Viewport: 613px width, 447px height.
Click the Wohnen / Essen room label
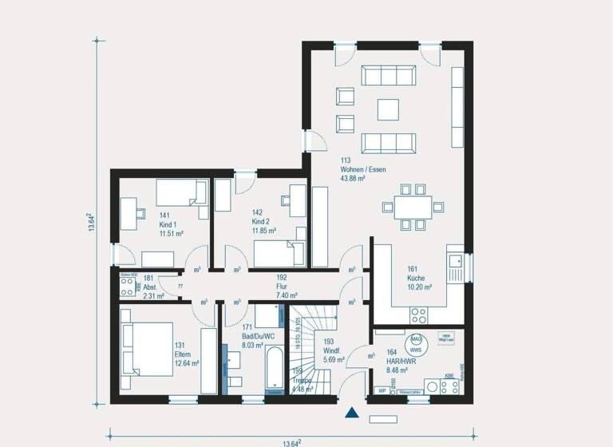[352, 169]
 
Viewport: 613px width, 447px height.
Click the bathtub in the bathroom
[275, 370]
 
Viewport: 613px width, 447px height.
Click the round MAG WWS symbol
[415, 344]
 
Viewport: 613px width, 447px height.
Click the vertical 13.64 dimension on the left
[93, 221]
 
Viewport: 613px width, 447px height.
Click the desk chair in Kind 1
[140, 212]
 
